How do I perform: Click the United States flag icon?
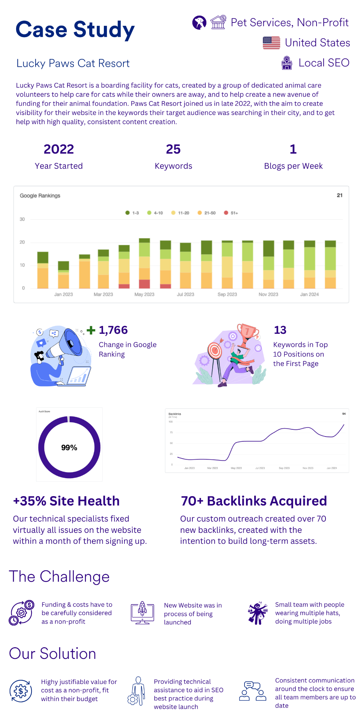(x=271, y=43)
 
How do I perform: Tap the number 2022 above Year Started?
(x=58, y=149)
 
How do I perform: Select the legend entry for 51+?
(x=231, y=213)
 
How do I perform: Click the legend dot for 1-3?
(x=127, y=213)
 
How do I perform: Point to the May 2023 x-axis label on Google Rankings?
(x=144, y=294)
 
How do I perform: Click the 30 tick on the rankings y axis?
(x=22, y=219)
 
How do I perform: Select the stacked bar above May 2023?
(x=144, y=263)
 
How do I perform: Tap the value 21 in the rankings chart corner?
(x=339, y=195)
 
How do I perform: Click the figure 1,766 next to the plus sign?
(x=113, y=330)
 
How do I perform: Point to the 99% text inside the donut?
(x=69, y=448)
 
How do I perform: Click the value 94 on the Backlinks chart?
(x=344, y=414)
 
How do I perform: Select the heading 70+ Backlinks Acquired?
(x=254, y=501)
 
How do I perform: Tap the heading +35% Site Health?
(x=66, y=501)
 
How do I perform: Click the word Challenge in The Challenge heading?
(x=75, y=577)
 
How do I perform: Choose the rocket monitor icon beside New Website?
(x=142, y=612)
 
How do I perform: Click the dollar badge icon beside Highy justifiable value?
(x=21, y=691)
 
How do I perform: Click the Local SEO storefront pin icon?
(x=287, y=63)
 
